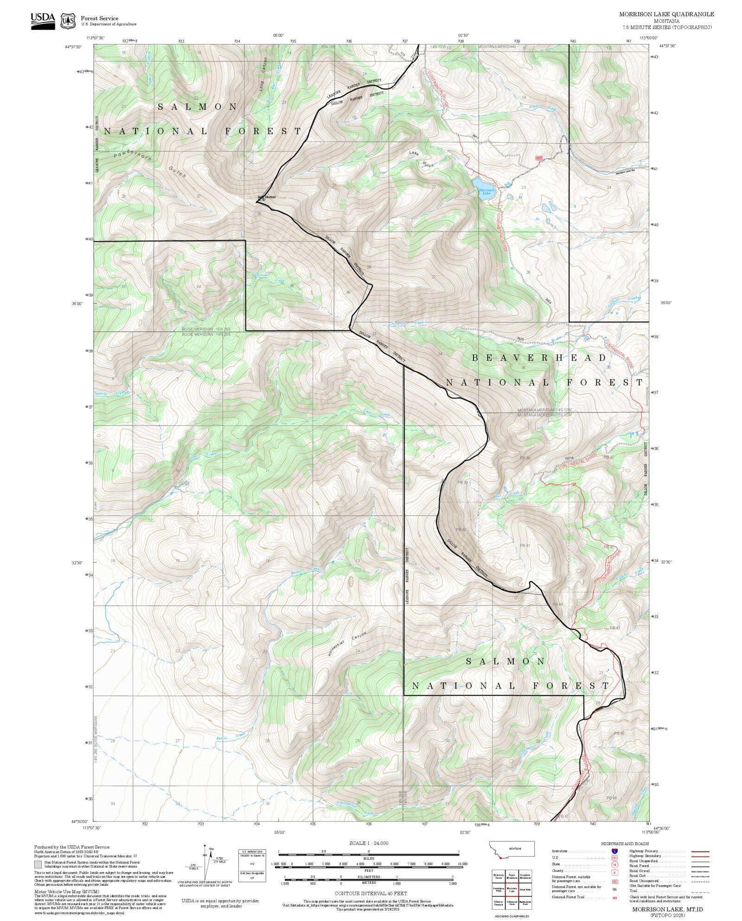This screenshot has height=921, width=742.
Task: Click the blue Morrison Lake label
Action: [486, 192]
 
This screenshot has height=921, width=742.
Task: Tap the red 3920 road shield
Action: [538, 158]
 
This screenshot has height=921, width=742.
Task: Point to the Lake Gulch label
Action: [421, 159]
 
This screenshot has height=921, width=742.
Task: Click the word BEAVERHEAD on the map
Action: [539, 358]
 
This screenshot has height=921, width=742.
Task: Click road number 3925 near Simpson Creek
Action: [520, 339]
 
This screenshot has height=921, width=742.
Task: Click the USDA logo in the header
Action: [43, 21]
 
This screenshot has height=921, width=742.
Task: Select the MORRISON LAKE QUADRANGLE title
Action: [666, 14]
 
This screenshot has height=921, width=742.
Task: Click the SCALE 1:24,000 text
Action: [369, 843]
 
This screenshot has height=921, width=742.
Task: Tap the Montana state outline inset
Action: [512, 850]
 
